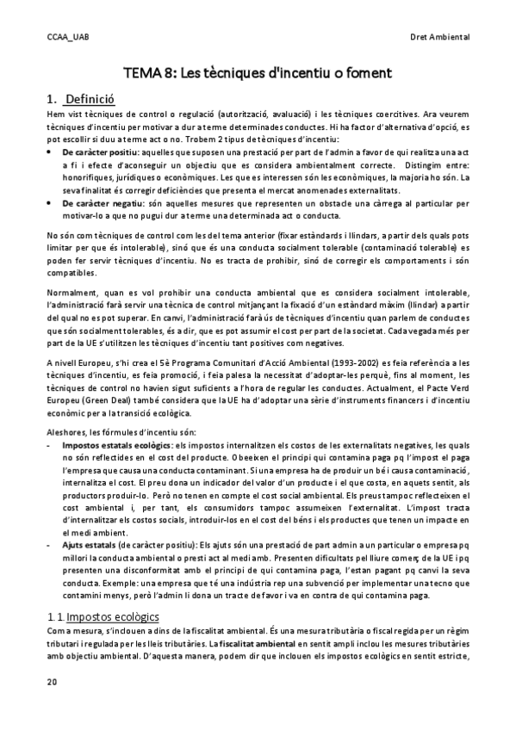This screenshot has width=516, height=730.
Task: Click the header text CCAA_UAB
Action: pos(67,36)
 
